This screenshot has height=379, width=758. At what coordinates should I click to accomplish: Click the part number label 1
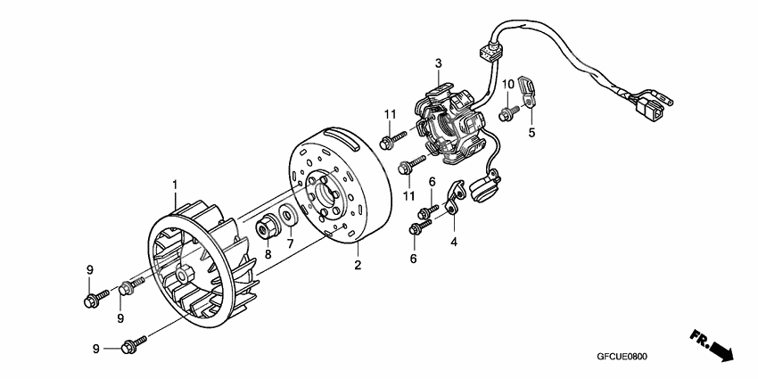point(176,185)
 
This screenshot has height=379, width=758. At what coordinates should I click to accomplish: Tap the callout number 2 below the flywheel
point(358,265)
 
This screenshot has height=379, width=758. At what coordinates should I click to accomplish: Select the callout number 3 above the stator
point(439,62)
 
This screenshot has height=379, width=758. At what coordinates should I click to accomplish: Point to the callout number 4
point(453,241)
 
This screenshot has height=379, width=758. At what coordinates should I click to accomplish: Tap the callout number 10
point(507,84)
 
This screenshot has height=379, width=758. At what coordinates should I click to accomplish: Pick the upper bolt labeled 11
point(391,140)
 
